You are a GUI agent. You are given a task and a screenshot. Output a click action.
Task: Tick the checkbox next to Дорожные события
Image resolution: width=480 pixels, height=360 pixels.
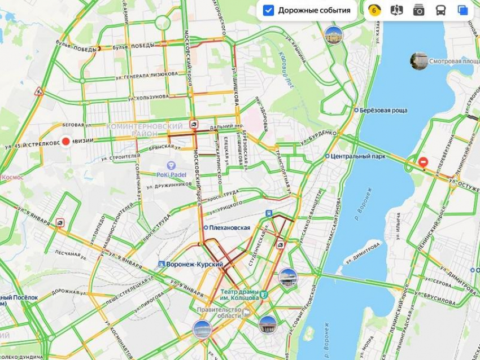pos(269,10)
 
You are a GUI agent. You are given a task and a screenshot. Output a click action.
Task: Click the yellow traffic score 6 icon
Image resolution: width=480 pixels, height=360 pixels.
pos(374,10)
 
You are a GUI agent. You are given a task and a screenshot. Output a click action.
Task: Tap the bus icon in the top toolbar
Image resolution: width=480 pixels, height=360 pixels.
pos(440,10)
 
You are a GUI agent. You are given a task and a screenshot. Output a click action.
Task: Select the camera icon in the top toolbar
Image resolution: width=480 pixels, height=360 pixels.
pos(418,10)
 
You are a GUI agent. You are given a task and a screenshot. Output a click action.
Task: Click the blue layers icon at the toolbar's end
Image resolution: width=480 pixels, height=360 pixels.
pos(463,10)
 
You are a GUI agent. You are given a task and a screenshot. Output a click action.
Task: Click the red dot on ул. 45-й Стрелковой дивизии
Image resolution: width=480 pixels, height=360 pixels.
pos(66,142)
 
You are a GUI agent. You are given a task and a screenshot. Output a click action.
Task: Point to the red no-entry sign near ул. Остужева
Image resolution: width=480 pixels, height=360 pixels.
pos(423,163)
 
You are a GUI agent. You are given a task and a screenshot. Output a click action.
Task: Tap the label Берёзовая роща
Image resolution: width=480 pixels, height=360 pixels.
pos(384,110)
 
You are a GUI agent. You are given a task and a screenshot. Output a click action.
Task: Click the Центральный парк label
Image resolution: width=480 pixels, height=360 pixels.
pos(359,156)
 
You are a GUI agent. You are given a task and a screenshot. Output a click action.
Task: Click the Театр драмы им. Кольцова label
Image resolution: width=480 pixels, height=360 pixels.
pos(239,295)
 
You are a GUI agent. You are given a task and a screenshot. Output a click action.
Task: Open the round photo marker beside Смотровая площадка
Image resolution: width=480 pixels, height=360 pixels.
pos(418,60)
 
